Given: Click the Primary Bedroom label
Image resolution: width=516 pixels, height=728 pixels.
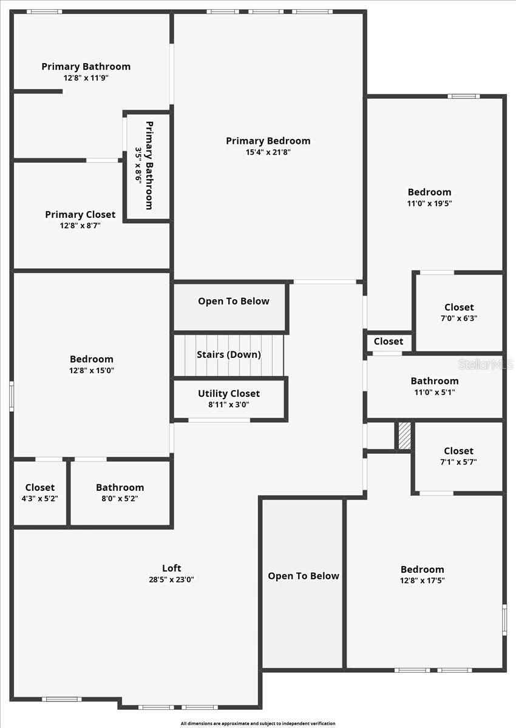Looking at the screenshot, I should coord(268,141).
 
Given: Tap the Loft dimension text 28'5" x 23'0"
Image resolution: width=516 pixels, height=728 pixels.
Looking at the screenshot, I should coord(171,579).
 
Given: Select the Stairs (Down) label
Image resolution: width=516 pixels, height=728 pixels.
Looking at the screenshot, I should coord(229,354).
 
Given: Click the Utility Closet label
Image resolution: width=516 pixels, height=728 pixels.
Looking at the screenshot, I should coord(229,394).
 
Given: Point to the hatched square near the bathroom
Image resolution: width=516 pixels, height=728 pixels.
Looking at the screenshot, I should coord(404,436).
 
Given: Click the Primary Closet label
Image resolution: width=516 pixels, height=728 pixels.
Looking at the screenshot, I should coord(80,214).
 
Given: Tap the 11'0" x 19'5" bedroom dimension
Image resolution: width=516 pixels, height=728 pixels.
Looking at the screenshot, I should coord(429,204).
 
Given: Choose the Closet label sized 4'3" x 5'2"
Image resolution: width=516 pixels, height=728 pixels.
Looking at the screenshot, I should coord(40,487).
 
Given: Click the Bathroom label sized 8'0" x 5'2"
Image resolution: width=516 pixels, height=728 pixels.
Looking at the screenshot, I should coord(120,487).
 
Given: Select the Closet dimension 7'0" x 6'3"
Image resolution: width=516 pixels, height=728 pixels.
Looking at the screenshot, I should coord(459,318).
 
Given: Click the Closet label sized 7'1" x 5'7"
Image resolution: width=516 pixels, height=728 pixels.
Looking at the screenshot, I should coord(458,451).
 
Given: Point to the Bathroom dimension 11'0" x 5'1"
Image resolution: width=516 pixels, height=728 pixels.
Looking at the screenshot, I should coord(435,392).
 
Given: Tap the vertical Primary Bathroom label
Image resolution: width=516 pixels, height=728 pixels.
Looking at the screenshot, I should coord(149,166).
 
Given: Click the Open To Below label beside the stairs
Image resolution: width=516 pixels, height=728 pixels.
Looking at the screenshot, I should coord(234,301).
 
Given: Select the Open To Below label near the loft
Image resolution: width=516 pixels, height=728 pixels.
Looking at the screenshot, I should coord(304,576).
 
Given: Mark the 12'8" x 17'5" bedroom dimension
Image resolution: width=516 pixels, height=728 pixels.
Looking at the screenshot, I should coord(422,580).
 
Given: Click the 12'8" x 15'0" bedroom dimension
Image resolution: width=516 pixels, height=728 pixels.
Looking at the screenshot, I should coord(91,370).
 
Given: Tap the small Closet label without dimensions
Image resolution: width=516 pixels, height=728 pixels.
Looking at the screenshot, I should coord(389,342).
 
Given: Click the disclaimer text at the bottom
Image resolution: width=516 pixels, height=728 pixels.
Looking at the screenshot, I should coord(257,723).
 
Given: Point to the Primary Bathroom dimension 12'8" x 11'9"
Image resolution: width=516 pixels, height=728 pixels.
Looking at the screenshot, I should coord(86,78).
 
